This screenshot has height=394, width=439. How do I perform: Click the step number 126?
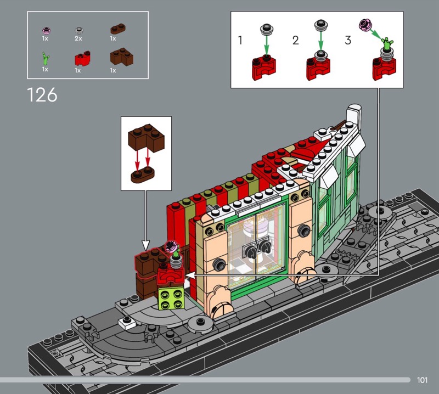[x=42, y=95]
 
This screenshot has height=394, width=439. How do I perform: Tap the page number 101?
[x=422, y=380]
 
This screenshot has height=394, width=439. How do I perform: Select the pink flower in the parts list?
[x=46, y=30]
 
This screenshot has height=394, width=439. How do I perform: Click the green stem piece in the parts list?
[x=46, y=59]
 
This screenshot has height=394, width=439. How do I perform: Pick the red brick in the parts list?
[x=82, y=59]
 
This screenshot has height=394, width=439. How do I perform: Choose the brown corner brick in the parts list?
[x=121, y=57]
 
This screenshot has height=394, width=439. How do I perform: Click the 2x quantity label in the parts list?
[x=78, y=38]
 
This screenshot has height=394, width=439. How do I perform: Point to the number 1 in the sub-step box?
[x=240, y=40]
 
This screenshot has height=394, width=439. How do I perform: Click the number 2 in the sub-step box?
[x=295, y=40]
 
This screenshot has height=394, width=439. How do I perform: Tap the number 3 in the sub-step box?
[x=348, y=40]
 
